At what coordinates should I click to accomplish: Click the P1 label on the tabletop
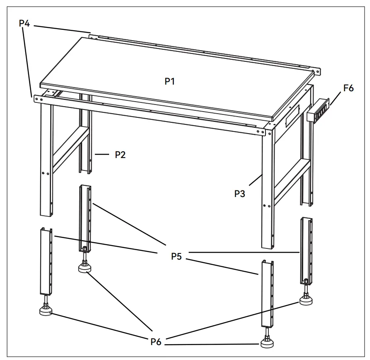click(x=170, y=81)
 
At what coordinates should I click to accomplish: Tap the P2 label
click(x=120, y=155)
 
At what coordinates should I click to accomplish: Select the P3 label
click(x=240, y=193)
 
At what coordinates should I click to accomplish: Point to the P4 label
click(x=24, y=23)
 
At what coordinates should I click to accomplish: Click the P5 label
click(x=177, y=256)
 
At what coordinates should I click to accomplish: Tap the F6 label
click(x=348, y=88)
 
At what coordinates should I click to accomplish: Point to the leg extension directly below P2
click(x=85, y=217)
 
